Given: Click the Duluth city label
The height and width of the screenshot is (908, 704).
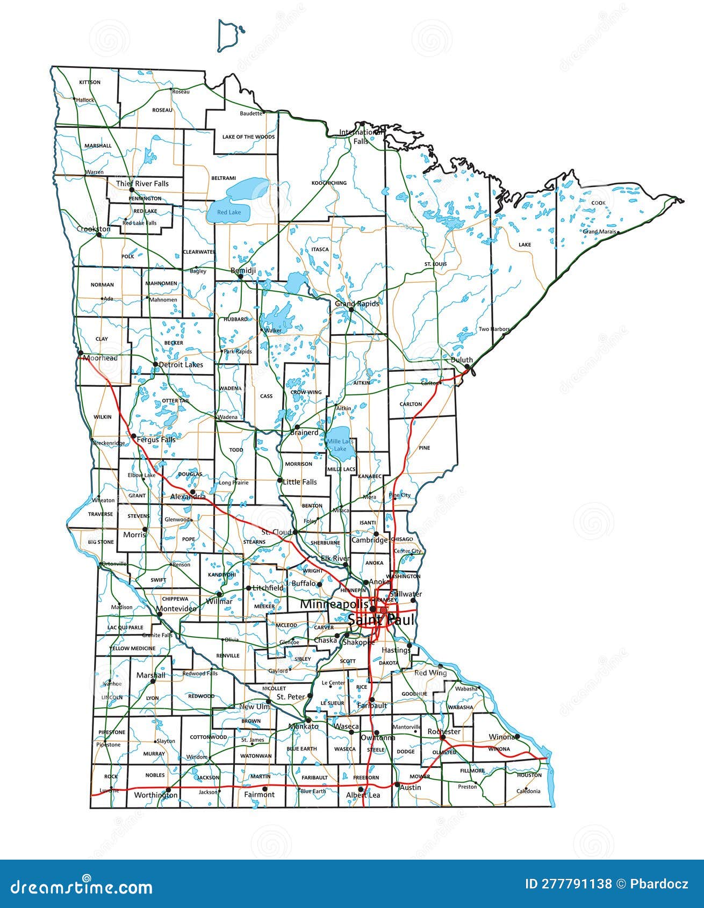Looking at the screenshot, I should [462, 360].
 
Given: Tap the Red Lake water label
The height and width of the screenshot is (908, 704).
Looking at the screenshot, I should [229, 212].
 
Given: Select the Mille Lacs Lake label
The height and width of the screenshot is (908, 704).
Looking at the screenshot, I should [340, 445].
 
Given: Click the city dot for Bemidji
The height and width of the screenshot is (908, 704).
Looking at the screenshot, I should [241, 276].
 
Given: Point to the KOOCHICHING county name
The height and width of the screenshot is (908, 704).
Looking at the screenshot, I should [329, 183].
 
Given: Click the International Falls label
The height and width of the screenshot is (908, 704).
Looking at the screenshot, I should [361, 136].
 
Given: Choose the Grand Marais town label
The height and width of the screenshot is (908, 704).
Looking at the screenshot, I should [599, 232].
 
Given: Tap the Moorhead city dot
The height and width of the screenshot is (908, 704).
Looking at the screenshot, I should [81, 353].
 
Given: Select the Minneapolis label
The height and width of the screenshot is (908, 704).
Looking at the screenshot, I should [334, 604].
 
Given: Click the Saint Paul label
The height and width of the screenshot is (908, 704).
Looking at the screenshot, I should [382, 620].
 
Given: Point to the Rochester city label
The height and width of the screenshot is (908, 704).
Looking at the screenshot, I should [444, 731].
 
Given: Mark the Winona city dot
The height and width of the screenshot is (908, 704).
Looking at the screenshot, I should [517, 736].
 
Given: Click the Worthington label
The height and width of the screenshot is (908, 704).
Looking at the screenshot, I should [155, 795].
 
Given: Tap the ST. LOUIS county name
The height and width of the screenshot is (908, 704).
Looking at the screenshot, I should [435, 264].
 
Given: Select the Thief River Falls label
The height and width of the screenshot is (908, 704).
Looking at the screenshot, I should [142, 183].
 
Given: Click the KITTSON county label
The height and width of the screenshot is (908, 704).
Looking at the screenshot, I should [90, 82].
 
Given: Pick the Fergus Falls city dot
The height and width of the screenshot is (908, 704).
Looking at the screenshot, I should [133, 436].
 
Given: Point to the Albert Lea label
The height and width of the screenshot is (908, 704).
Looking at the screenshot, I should [363, 795].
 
